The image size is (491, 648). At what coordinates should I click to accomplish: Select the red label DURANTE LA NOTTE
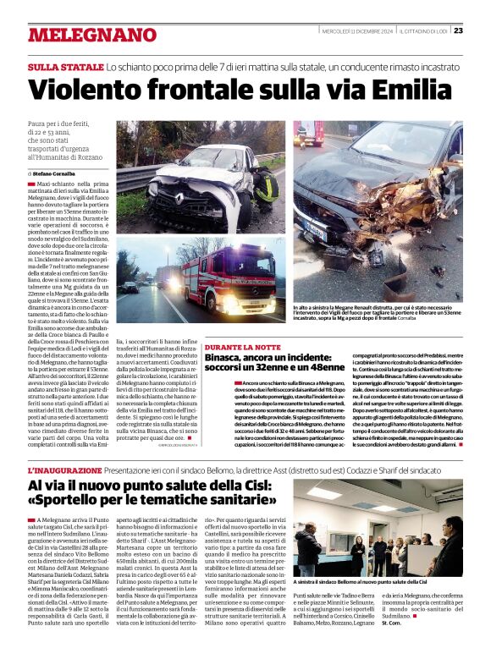(243, 348)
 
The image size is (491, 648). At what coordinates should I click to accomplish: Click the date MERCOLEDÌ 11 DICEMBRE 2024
(357, 30)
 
